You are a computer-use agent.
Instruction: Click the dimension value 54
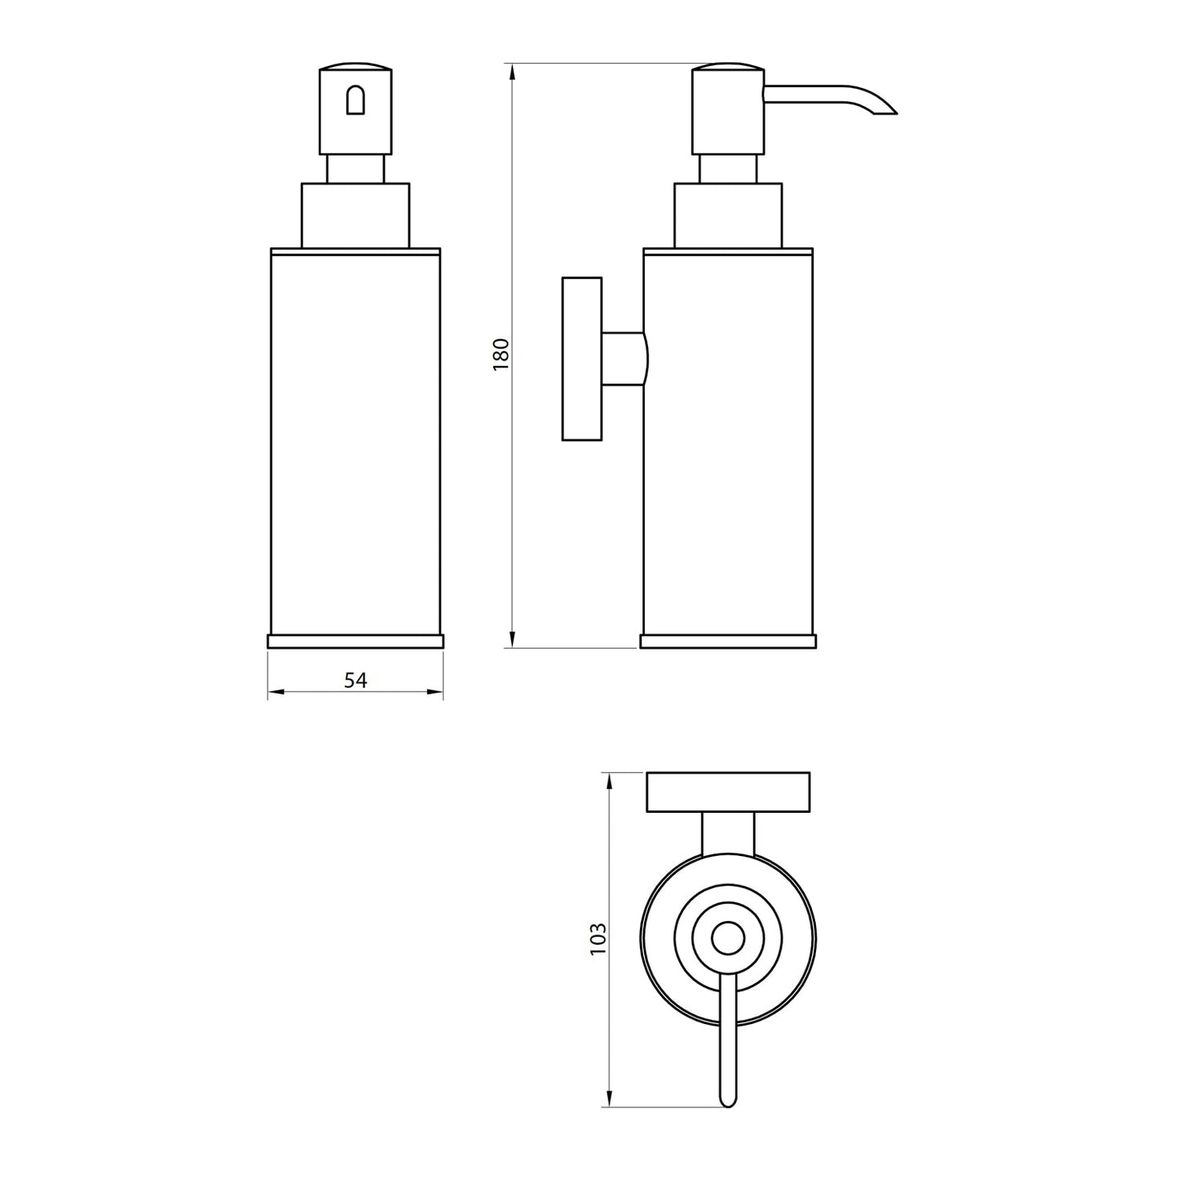click(x=355, y=680)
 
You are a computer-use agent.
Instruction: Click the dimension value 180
click(x=501, y=355)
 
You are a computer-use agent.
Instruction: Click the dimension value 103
click(x=598, y=938)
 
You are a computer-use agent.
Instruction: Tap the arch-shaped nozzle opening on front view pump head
click(x=356, y=101)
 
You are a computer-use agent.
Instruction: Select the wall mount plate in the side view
click(x=581, y=359)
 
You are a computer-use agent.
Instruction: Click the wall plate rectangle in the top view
click(x=728, y=792)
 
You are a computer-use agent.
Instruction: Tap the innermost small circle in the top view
click(x=728, y=938)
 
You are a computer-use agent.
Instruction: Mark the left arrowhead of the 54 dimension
click(x=273, y=692)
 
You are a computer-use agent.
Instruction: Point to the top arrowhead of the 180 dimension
click(x=512, y=70)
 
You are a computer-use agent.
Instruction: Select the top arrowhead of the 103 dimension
click(x=610, y=779)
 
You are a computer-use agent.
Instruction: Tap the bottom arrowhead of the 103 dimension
click(x=610, y=1101)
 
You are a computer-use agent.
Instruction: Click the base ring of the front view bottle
click(x=355, y=641)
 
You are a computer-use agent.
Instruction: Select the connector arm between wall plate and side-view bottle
click(x=624, y=359)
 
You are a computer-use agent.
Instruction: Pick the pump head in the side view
click(x=728, y=110)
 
